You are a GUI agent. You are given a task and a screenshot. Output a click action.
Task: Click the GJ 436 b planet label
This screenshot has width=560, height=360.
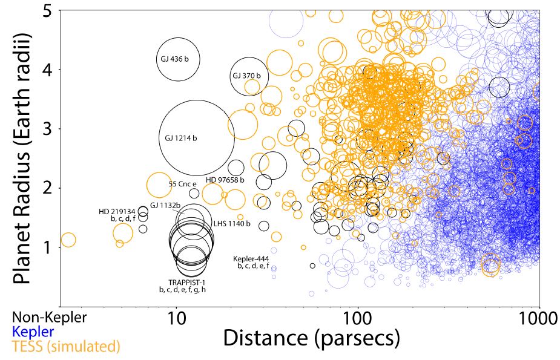tap(175, 59)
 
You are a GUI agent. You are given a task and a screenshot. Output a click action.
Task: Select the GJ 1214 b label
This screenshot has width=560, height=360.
tap(181, 138)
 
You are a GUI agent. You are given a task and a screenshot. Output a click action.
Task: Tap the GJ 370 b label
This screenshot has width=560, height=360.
tap(246, 76)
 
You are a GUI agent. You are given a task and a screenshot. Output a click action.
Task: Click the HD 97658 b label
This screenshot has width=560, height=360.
tap(225, 180)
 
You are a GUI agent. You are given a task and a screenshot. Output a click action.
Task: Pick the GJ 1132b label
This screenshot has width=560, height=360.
tap(165, 205)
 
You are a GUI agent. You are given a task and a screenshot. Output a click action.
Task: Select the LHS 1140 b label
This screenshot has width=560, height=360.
tap(232, 223)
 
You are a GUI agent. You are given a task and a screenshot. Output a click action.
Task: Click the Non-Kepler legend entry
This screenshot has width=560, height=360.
tap(50, 317)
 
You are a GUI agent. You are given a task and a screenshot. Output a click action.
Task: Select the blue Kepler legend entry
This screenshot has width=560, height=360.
tap(33, 332)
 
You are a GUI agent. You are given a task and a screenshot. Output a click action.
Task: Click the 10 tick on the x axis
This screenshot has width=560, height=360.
tap(176, 319)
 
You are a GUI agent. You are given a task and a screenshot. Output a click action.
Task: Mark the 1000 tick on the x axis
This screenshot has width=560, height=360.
tap(538, 319)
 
